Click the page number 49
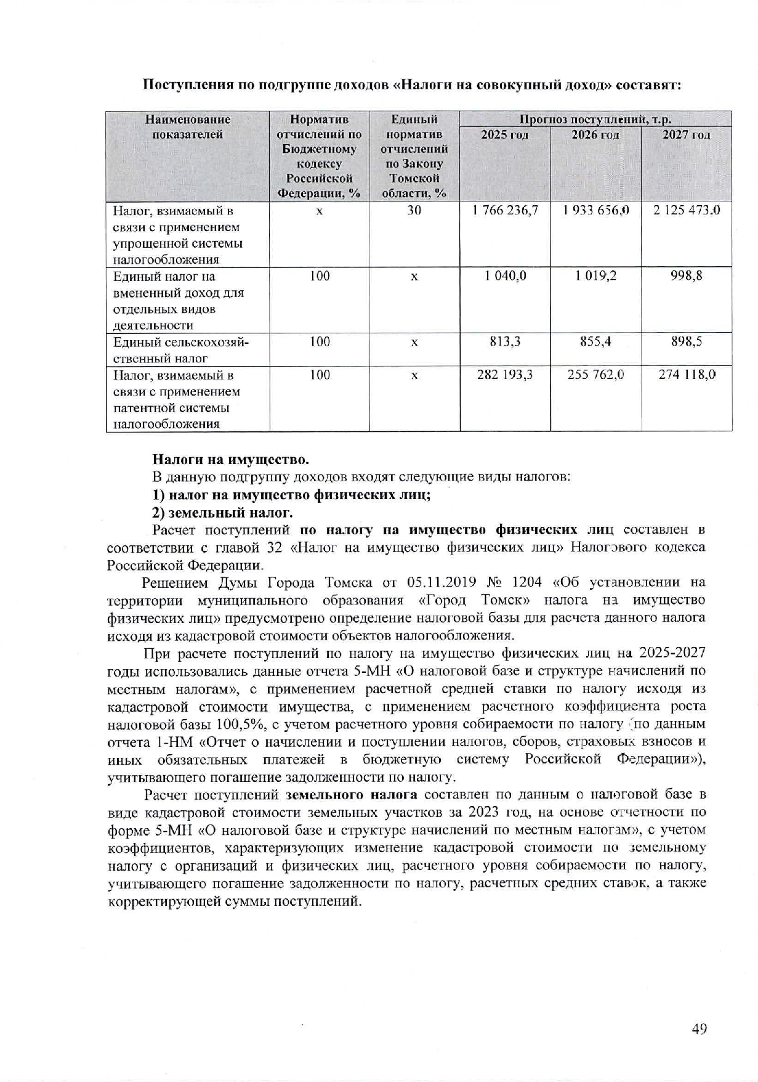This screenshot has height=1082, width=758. coord(699,1028)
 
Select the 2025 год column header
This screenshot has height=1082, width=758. coord(504,135)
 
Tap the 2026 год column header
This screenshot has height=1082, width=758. coord(595,135)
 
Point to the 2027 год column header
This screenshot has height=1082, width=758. coord(686,135)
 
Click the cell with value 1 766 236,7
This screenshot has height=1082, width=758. coord(505,211)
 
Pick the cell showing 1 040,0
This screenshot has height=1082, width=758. coord(505,277)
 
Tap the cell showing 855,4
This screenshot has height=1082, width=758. coord(595,342)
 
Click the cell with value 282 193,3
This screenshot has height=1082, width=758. coord(505,375)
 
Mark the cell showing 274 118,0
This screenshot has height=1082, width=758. coord(687,375)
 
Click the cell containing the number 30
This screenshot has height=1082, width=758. coord(414,211)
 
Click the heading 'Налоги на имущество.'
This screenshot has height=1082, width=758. coord(230,460)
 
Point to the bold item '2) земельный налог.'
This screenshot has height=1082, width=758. coord(222,512)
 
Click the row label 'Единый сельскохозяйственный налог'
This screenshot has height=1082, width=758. coord(180,349)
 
